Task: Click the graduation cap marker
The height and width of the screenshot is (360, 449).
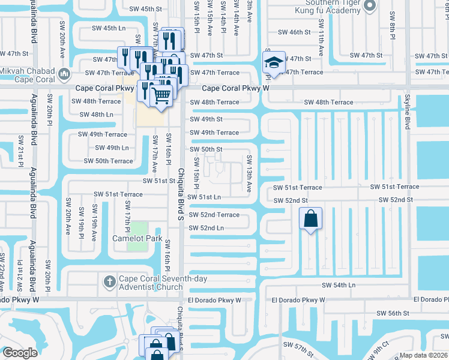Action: tap(273, 63)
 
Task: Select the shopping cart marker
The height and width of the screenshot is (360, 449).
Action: tap(160, 95)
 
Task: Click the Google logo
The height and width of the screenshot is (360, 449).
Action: tap(20, 353)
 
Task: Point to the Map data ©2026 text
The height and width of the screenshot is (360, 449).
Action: tap(423, 355)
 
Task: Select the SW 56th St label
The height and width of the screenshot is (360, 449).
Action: tap(392, 313)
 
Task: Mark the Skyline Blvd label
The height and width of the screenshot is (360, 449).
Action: tap(406, 113)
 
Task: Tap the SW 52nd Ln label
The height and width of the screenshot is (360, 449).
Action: tap(206, 228)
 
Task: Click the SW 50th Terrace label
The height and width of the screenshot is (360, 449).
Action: tap(108, 161)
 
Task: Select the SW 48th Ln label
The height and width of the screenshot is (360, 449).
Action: tap(96, 114)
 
